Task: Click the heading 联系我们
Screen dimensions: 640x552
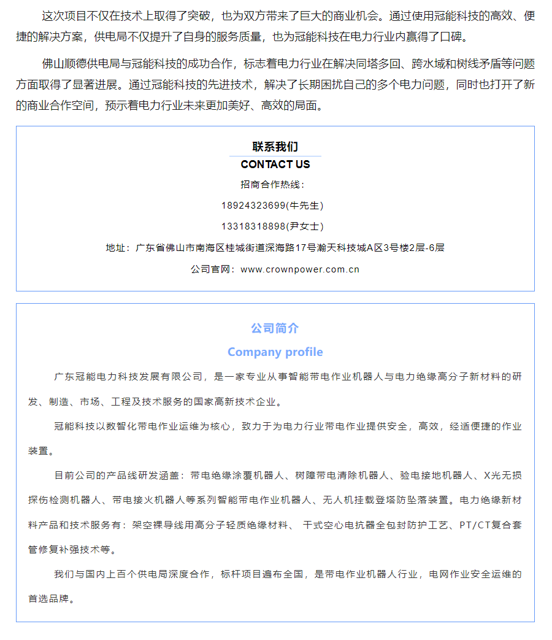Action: tap(275, 147)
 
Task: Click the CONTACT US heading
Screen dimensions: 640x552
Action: tap(275, 164)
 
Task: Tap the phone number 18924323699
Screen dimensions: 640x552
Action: tap(254, 206)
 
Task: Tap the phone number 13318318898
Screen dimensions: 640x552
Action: tap(254, 226)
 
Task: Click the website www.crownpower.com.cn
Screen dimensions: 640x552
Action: tap(300, 269)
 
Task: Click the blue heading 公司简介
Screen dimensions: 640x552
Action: tap(275, 329)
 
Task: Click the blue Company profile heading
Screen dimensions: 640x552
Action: tap(275, 352)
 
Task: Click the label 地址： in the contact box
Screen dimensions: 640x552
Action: tap(118, 248)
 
